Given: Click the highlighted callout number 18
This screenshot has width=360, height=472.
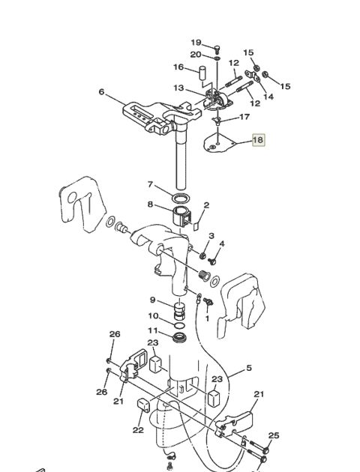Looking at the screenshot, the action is tap(259, 140).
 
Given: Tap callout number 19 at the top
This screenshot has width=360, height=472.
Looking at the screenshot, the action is tap(196, 43).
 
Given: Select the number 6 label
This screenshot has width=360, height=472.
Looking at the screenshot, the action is tap(101, 91).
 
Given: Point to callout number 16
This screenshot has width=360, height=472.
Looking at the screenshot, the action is tap(178, 67).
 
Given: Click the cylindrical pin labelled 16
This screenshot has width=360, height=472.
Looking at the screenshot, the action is tap(202, 73).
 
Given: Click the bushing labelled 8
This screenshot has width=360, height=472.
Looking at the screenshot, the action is tap(181, 216).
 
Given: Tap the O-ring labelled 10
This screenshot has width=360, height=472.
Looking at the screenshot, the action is tap(180, 325).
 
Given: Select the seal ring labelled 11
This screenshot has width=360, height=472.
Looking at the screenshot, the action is tap(179, 336).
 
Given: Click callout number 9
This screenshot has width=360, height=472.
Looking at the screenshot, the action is tap(153, 300).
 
